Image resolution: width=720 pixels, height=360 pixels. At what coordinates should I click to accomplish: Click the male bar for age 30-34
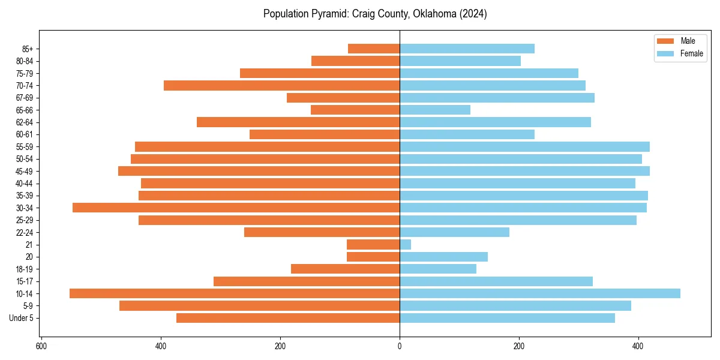(x=236, y=208)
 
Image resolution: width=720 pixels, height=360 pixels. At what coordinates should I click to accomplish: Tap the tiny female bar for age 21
(x=406, y=245)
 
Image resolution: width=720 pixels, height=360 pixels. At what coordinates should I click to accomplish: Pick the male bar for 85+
(x=374, y=49)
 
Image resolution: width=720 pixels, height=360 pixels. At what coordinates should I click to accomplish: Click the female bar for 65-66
(x=435, y=110)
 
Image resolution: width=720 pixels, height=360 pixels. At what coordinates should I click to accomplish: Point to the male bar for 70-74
(x=281, y=85)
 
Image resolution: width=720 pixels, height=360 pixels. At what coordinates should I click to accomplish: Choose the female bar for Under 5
(x=507, y=318)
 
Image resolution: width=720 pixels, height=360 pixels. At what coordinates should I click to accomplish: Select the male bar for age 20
(x=373, y=257)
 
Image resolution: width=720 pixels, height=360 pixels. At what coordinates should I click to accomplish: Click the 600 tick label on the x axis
(x=41, y=347)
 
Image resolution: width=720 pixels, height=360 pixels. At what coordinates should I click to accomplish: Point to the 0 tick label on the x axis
(x=400, y=347)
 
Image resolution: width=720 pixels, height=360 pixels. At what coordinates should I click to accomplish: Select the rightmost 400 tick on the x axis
(x=638, y=347)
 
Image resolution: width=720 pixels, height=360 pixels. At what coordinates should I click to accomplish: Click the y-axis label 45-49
(x=24, y=171)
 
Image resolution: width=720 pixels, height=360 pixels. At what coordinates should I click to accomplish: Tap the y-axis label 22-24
(x=24, y=232)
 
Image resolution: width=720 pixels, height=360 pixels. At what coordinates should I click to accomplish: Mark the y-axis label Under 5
(x=21, y=318)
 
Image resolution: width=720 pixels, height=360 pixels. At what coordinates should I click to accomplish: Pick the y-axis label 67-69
(x=24, y=98)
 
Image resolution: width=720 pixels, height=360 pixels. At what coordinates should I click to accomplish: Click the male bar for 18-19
(x=345, y=269)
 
